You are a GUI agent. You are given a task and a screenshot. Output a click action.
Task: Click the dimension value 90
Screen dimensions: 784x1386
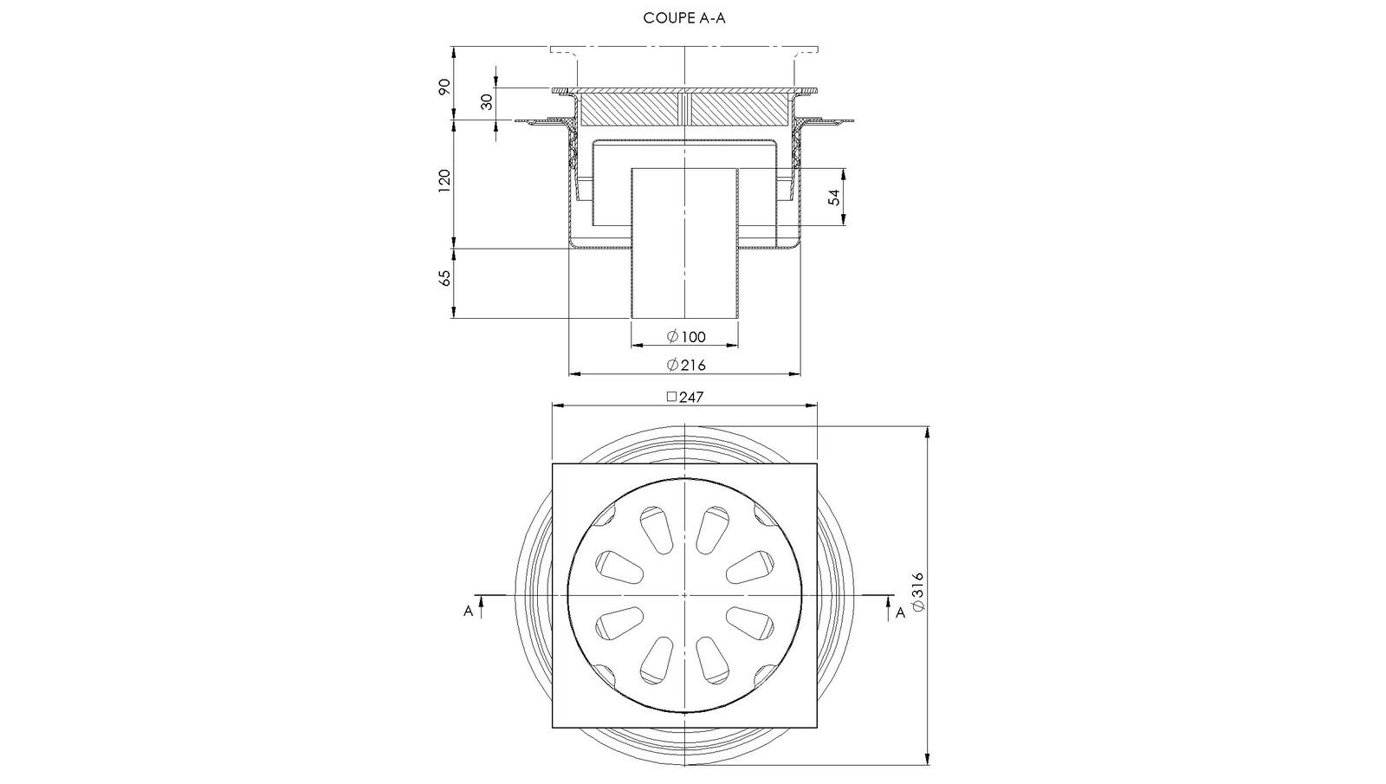pyautogui.click(x=444, y=87)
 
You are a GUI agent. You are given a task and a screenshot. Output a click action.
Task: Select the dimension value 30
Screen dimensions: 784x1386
pyautogui.click(x=487, y=101)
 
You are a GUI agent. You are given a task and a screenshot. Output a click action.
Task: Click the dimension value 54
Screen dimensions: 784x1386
pyautogui.click(x=834, y=197)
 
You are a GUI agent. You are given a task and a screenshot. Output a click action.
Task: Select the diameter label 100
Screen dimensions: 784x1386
pyautogui.click(x=686, y=337)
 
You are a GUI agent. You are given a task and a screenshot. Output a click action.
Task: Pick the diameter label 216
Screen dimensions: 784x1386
pyautogui.click(x=686, y=365)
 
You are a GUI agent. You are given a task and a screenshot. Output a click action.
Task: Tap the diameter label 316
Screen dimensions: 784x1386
pyautogui.click(x=919, y=591)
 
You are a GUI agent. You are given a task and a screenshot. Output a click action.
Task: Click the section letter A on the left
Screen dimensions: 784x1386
pyautogui.click(x=469, y=612)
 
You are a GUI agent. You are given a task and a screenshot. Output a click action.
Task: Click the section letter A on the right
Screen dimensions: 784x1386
pyautogui.click(x=900, y=612)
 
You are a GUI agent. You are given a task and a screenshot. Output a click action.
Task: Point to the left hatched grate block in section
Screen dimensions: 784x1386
pyautogui.click(x=629, y=108)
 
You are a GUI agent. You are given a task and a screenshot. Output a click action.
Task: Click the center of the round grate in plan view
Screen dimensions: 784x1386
pyautogui.click(x=684, y=595)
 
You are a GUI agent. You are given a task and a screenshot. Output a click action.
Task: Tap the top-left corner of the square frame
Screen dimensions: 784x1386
pyautogui.click(x=553, y=464)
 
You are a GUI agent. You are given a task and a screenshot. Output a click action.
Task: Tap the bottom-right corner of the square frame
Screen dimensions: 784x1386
pyautogui.click(x=817, y=727)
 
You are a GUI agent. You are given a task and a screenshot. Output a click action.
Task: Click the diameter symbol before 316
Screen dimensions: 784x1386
pyautogui.click(x=919, y=606)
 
